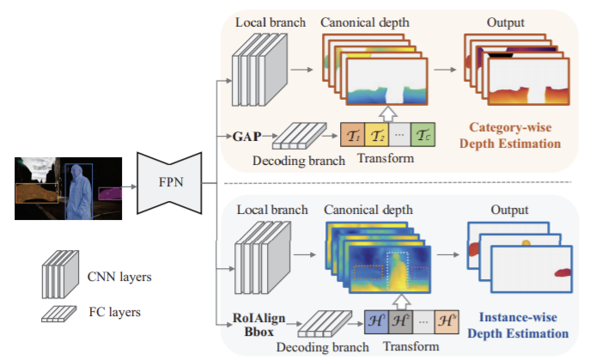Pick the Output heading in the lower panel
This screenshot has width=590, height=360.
(x=511, y=208)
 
